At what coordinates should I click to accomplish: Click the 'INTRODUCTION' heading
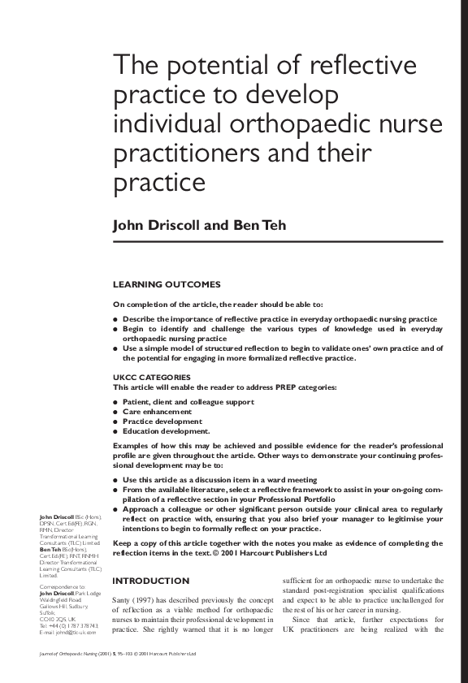tap(150, 581)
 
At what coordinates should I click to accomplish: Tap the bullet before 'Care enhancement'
tap(115, 413)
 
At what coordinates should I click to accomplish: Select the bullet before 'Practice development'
tap(115, 422)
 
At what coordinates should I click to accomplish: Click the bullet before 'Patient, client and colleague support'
tap(115, 403)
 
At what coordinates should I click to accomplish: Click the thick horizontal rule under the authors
tap(277, 241)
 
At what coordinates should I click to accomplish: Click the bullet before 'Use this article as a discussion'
tap(115, 480)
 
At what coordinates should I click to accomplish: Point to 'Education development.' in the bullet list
tap(166, 432)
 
